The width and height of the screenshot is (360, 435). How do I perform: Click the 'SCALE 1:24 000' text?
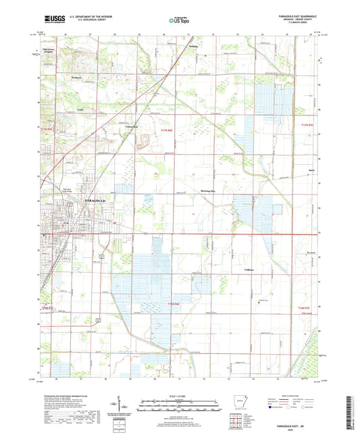pyautogui.click(x=178, y=395)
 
